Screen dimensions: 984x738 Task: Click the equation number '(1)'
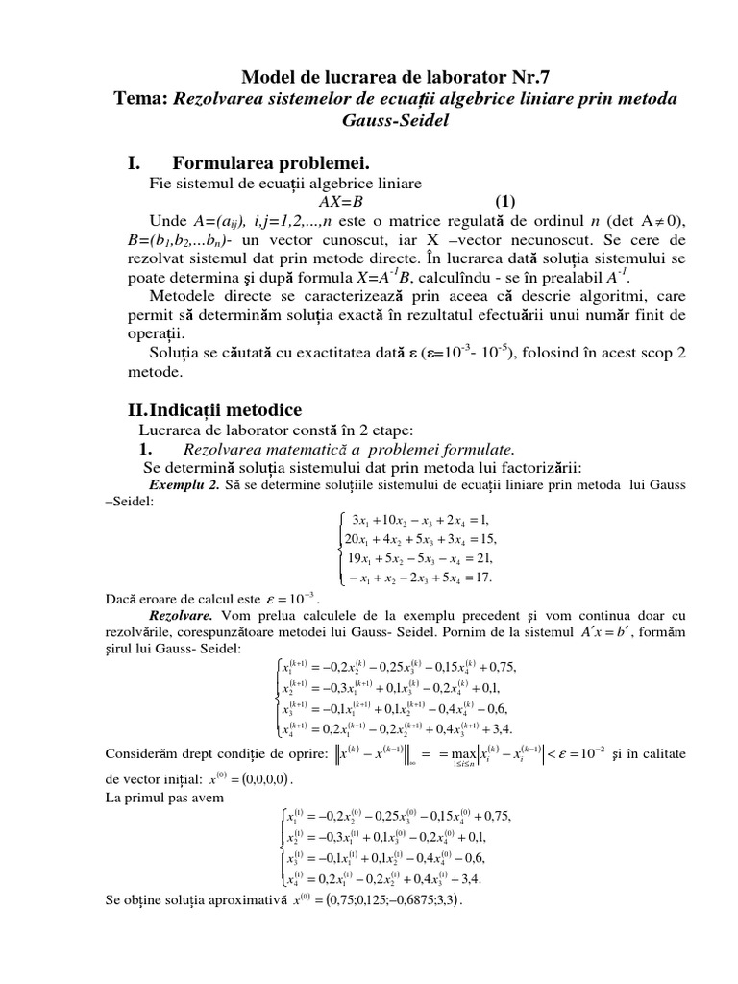coord(504,201)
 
